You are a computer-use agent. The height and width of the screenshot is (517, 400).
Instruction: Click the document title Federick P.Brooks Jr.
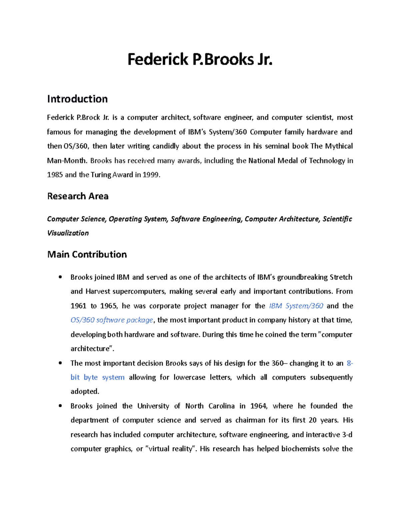(200, 60)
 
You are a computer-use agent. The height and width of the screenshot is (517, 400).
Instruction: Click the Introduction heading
(77, 99)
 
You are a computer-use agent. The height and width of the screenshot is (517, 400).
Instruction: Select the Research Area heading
(78, 196)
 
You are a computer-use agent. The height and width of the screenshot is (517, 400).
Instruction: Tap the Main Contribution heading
(87, 254)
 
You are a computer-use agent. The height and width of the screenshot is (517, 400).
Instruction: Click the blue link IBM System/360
(296, 306)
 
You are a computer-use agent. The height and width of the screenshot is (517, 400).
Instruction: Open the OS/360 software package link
(112, 320)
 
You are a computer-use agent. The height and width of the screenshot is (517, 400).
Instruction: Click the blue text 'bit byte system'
(97, 377)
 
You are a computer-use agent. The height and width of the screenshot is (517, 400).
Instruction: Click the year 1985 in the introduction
(55, 175)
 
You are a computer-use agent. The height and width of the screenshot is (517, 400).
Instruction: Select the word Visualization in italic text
(68, 233)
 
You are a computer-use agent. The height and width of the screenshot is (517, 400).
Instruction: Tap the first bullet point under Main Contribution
(60, 277)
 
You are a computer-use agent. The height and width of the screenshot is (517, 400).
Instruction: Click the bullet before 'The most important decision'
(60, 363)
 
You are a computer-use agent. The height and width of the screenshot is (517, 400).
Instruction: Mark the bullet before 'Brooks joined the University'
(60, 406)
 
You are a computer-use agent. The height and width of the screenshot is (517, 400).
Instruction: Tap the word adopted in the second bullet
(85, 391)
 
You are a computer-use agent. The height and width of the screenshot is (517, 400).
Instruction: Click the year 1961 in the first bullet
(78, 306)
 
